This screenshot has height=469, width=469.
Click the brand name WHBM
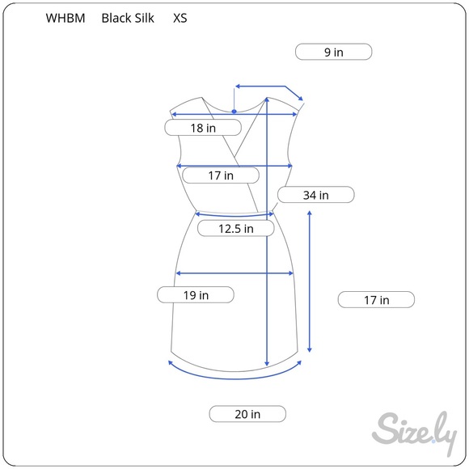click(x=65, y=19)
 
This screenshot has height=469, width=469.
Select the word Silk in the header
click(x=144, y=19)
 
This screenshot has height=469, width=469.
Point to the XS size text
click(x=180, y=19)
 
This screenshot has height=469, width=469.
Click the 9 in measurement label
click(x=333, y=52)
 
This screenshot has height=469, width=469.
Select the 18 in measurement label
click(x=203, y=128)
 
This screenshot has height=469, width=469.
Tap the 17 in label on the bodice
click(x=221, y=175)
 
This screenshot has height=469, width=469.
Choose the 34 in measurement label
click(x=316, y=195)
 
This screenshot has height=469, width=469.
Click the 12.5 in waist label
click(x=236, y=229)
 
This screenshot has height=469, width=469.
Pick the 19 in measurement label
click(x=196, y=295)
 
